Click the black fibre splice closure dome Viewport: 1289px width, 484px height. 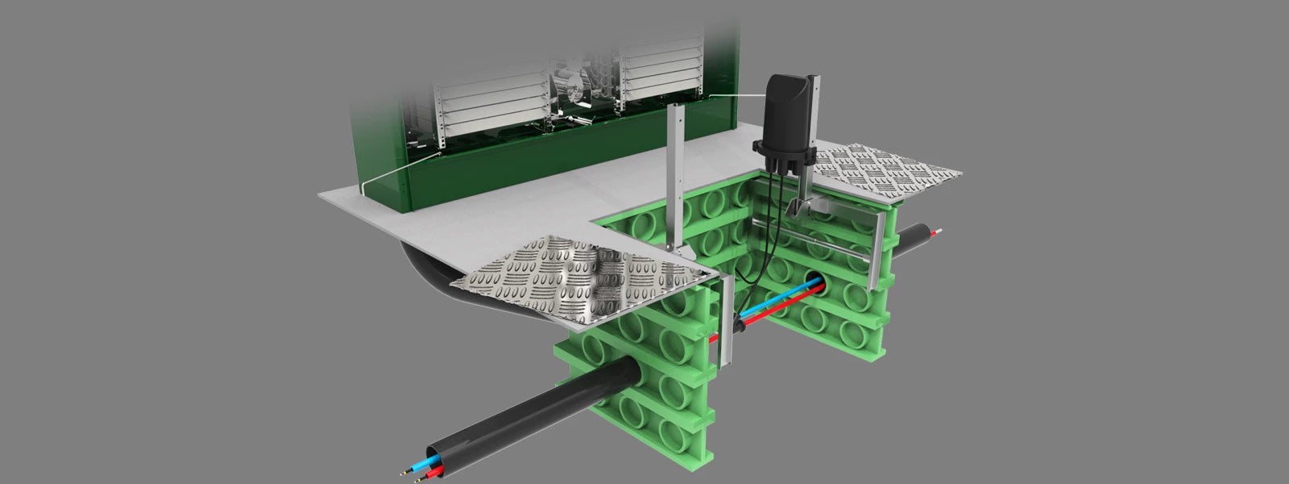[790, 109]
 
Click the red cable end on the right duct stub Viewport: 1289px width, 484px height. [935, 233]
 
